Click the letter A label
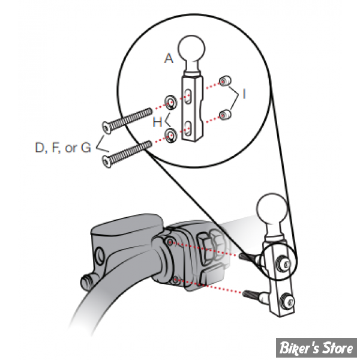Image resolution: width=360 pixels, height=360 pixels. (169, 58)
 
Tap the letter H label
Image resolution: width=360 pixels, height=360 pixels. (157, 122)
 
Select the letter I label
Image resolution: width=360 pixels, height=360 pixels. (244, 94)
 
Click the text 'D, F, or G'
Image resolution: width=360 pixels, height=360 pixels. (63, 148)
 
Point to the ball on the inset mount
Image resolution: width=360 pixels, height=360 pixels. (191, 49)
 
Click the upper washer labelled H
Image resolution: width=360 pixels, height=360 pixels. (171, 102)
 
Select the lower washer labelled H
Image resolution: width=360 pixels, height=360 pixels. (171, 136)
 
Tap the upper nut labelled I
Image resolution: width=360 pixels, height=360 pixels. (224, 81)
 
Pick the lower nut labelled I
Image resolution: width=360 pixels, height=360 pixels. (224, 115)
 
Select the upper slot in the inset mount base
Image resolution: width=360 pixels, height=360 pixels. (188, 97)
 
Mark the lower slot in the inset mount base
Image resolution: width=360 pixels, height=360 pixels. (188, 128)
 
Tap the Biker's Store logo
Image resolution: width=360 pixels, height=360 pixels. (316, 347)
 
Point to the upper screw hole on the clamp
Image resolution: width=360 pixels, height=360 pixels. (170, 241)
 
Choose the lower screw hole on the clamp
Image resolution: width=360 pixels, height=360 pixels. (176, 280)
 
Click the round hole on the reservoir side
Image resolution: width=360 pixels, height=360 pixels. (99, 255)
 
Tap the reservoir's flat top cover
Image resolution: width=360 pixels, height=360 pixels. (127, 226)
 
